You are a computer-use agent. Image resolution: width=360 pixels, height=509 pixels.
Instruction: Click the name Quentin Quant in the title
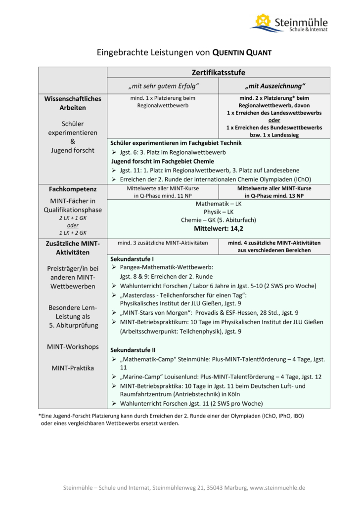tap(242, 52)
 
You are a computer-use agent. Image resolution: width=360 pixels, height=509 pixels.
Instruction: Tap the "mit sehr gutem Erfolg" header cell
tap(163, 86)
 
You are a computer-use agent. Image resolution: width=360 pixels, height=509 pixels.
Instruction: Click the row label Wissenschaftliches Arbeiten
tap(73, 103)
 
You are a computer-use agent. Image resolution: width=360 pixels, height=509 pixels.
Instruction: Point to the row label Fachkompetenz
tap(73, 189)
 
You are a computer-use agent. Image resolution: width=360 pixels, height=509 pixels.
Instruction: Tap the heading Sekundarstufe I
tap(132, 259)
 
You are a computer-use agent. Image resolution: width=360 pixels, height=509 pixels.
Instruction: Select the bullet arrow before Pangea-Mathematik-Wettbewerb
tap(114, 267)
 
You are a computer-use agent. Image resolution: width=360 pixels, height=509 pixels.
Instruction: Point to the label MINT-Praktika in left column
tap(73, 368)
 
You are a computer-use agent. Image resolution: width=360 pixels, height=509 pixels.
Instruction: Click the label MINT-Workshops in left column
tap(73, 346)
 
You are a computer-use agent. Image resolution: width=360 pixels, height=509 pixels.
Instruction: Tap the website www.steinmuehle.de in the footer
tap(278, 488)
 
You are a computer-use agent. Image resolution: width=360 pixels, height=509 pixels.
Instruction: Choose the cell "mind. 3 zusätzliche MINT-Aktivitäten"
tap(163, 243)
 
